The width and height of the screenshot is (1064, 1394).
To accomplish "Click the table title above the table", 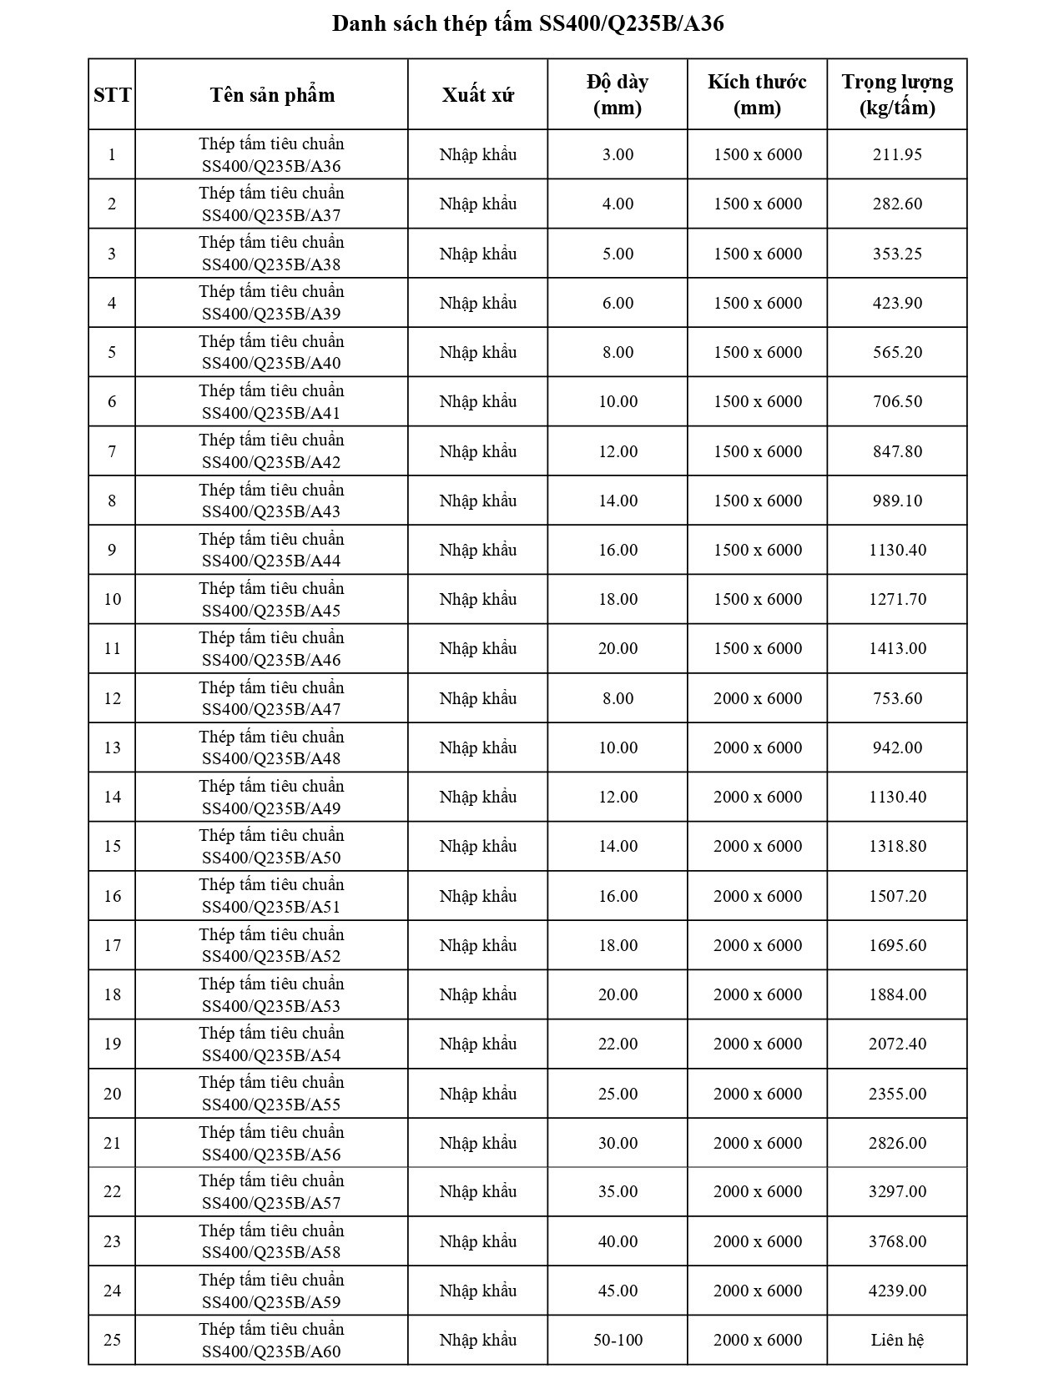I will [527, 23].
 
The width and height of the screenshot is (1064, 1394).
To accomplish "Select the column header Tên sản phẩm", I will [272, 94].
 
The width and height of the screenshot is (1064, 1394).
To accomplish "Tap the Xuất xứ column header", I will [477, 94].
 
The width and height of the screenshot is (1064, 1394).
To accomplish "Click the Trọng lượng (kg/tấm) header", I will [897, 94].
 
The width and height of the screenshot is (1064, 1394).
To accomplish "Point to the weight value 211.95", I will [897, 154].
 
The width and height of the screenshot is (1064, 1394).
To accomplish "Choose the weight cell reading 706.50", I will [897, 401].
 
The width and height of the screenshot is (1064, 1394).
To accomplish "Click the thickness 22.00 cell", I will [618, 1044].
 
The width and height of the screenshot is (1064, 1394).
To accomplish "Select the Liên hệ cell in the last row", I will [897, 1340].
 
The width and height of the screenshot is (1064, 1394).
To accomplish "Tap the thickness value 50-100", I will [618, 1340].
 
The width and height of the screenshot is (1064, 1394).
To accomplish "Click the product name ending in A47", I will [271, 698].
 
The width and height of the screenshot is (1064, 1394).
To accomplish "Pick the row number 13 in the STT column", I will [112, 747].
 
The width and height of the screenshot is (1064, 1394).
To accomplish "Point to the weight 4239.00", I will [897, 1291].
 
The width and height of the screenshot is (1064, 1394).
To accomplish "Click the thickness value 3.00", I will [618, 154].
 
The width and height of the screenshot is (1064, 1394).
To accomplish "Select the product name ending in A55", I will [271, 1093].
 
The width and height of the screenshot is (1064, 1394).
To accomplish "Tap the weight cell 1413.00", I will [897, 648].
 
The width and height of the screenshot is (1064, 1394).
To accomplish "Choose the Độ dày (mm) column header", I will [618, 94].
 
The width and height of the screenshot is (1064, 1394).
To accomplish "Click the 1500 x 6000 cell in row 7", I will [758, 451].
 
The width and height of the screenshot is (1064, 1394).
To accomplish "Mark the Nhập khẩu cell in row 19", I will [477, 1044].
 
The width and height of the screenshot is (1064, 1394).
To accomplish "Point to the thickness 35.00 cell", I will [618, 1191].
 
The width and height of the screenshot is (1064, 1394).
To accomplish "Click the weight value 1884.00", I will [897, 994].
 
